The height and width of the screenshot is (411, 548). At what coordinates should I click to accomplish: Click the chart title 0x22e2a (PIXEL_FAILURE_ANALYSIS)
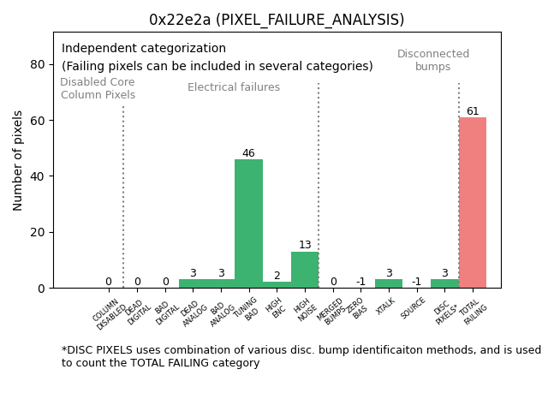coord(277,20)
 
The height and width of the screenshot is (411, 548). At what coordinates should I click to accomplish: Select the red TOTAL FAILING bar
coord(473,203)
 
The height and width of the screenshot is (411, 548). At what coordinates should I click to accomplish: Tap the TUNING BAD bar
coord(248,223)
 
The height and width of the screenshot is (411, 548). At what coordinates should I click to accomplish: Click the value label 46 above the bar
coord(248,154)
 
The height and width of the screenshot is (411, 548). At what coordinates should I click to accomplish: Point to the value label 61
coord(473,111)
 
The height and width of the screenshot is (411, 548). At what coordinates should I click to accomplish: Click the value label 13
coord(305,246)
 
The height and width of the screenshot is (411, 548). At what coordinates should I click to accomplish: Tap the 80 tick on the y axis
coord(39,64)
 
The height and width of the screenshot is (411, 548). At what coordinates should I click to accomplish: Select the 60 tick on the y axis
coord(39,121)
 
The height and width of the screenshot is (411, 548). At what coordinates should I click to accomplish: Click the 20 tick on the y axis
coord(39,232)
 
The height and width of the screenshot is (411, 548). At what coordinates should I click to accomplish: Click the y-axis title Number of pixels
coord(18,160)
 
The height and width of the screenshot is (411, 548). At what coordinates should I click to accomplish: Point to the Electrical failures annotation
coord(234,87)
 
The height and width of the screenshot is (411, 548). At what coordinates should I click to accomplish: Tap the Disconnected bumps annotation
coord(433,60)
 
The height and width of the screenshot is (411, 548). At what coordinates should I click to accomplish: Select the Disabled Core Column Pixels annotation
coord(98,88)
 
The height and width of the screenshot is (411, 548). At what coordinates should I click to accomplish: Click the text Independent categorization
coord(144,49)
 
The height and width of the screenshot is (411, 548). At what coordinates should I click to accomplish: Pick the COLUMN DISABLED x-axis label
coord(108,314)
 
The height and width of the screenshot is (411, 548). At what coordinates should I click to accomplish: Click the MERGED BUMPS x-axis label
coord(330,312)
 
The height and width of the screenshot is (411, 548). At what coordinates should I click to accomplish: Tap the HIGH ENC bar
coord(277,285)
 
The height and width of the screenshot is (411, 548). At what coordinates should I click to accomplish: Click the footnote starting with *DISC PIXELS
coord(301,356)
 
